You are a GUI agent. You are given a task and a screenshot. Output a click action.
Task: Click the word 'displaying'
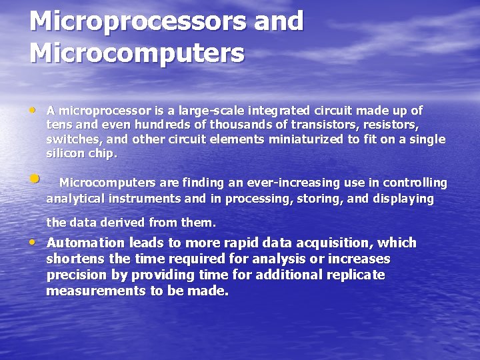pyautogui.click(x=405, y=199)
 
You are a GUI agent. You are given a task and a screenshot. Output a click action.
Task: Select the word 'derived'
pyautogui.click(x=123, y=223)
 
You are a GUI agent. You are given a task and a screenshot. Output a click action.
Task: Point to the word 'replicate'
pyautogui.click(x=358, y=275)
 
